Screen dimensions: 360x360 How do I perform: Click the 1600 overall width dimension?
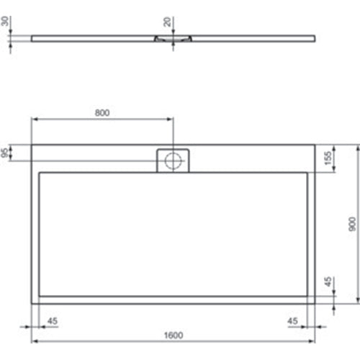pos(173,334)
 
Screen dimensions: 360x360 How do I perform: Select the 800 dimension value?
pos(102,112)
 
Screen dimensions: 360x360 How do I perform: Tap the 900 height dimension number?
pos(351,223)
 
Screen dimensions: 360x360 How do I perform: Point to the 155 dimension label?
pos(328,158)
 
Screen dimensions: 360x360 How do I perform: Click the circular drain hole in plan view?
pos(173,161)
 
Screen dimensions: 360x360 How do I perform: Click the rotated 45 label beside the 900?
pos(328,282)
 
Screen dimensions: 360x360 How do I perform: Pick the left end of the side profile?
pos(32,37)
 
